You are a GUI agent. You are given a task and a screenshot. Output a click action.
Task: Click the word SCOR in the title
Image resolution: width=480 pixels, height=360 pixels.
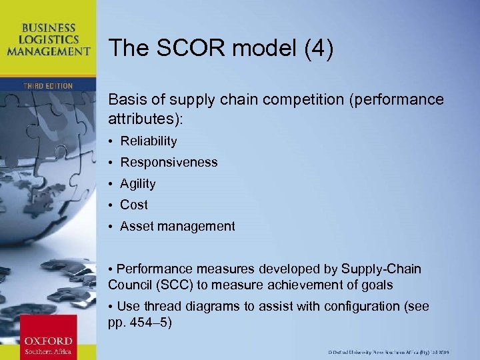[183, 47]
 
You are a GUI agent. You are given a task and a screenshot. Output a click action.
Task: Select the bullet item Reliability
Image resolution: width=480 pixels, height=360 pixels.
[149, 141]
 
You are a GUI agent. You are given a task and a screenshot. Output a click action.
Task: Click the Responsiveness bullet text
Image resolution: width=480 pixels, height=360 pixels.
[169, 162]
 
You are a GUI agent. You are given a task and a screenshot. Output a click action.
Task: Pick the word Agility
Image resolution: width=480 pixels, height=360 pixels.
[138, 183]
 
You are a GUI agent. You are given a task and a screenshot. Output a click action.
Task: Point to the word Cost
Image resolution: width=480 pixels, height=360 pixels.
[134, 205]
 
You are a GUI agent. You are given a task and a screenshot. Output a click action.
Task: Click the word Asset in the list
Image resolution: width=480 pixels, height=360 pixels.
[135, 226]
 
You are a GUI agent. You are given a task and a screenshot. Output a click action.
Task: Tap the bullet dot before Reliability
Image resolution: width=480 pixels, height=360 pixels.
[112, 141]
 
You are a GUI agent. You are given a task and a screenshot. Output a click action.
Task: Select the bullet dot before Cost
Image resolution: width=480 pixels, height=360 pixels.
[112, 205]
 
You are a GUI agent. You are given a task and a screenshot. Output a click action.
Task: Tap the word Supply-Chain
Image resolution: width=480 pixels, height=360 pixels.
[381, 269]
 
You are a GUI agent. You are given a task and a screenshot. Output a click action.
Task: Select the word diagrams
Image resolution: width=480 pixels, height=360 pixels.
[219, 306]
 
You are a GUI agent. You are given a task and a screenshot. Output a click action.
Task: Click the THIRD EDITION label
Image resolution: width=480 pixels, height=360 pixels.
[48, 86]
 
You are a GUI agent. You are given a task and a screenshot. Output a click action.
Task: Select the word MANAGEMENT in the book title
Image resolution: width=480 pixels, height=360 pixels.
[48, 50]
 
